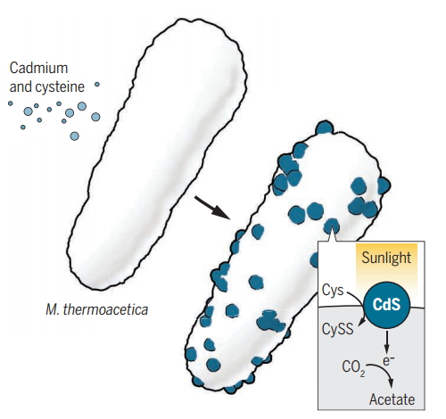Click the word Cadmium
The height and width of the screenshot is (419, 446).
coord(38,68)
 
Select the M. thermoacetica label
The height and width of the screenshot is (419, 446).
coord(97,309)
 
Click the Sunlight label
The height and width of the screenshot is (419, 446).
coord(386,258)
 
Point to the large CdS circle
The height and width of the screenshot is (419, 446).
coord(387,305)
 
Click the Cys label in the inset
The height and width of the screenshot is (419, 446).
coord(333,291)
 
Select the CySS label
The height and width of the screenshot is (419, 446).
coord(338,329)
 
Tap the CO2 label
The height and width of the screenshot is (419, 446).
coord(353,367)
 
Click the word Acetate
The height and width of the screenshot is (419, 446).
coord(392,399)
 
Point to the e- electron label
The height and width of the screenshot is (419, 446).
coord(388,360)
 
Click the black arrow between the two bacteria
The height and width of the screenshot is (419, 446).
coord(212,208)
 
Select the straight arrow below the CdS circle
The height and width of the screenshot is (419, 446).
coord(386,341)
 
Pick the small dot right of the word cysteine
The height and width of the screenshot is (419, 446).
coord(97,85)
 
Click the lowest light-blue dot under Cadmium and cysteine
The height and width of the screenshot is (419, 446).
coord(75,136)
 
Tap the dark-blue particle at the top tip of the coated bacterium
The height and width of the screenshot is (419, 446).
coord(324,127)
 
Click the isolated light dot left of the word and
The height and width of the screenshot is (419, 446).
coord(11,103)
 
